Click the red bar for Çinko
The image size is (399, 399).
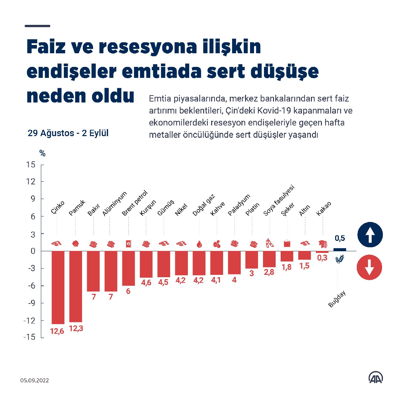[58, 287]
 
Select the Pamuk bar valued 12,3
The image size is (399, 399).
[75, 286]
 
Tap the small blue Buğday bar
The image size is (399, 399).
[339, 250]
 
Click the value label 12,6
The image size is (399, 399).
[57, 331]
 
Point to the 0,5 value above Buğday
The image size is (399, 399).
[340, 238]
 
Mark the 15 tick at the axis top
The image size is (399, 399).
[31, 164]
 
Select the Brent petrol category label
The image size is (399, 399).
[134, 203]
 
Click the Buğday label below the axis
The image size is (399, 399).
[337, 299]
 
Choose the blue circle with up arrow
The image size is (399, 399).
[370, 235]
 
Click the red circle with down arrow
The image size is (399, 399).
[369, 267]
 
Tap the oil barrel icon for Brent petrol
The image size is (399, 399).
[128, 244]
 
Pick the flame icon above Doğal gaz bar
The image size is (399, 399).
[199, 244]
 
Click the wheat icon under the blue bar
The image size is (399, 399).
[339, 259]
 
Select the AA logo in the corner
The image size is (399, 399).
[375, 377]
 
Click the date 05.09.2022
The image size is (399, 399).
[34, 380]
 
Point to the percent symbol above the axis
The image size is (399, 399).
[42, 153]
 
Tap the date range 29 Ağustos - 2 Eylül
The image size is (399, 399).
[68, 133]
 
